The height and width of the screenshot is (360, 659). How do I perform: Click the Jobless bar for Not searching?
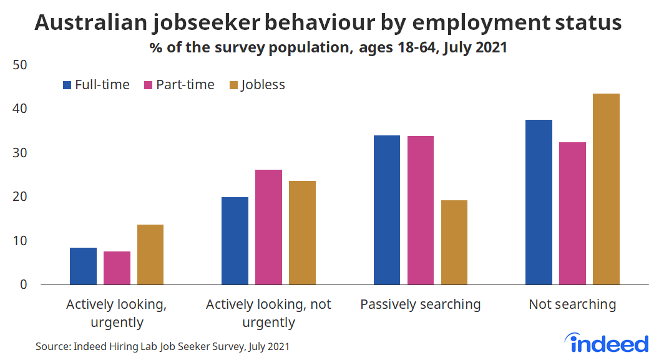[x=606, y=189]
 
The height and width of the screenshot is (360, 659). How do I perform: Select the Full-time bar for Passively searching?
[x=386, y=210]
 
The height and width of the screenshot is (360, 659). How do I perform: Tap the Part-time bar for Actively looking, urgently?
[x=117, y=268]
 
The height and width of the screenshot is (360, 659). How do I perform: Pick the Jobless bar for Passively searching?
[x=454, y=242]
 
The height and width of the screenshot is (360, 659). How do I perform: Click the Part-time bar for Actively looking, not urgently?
[x=269, y=227]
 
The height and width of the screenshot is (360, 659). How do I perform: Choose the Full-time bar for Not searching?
[x=539, y=202]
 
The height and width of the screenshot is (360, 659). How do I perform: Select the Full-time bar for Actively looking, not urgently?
[x=235, y=241]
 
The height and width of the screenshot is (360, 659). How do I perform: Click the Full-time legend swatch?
[x=67, y=85]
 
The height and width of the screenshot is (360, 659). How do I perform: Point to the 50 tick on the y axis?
[x=20, y=66]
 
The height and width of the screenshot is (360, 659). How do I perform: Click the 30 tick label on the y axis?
[x=20, y=153]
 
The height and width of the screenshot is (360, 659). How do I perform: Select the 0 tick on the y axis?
[x=24, y=285]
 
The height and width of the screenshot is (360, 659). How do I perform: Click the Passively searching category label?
[x=421, y=304]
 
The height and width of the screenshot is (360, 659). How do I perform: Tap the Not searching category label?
[x=572, y=304]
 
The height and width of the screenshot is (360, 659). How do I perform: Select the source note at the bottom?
[x=162, y=346]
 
